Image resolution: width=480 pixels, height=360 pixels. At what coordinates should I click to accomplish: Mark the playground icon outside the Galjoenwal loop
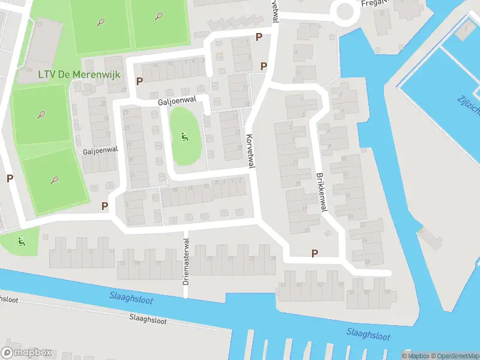[22, 242]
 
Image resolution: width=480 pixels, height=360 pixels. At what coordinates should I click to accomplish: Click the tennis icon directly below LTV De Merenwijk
[41, 114]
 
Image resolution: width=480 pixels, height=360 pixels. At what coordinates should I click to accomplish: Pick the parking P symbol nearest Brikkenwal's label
[314, 254]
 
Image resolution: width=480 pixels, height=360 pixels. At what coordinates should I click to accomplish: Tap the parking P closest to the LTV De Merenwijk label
[140, 81]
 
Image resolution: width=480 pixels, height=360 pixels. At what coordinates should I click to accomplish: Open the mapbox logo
[26, 353]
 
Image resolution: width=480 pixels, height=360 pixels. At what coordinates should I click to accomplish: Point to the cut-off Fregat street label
[376, 3]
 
